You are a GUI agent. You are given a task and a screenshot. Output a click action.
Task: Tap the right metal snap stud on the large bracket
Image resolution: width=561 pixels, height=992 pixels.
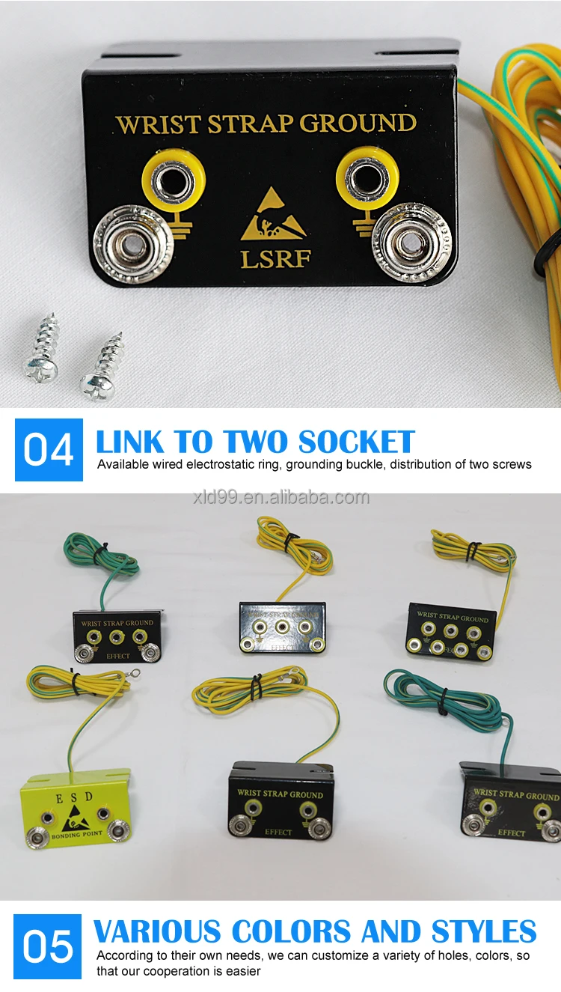click(411, 243)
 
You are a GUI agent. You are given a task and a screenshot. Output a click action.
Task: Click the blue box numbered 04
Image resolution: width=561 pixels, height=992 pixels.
click(49, 450)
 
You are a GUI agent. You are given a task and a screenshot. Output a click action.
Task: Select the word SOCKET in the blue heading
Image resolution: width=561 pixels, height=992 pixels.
click(356, 442)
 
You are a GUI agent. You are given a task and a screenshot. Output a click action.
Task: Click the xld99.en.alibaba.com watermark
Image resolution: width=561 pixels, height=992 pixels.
click(280, 498)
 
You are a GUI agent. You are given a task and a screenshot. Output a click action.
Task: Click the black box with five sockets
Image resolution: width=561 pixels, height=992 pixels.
click(450, 630)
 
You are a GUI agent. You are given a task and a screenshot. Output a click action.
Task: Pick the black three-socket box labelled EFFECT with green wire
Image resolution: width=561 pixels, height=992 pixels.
click(117, 636)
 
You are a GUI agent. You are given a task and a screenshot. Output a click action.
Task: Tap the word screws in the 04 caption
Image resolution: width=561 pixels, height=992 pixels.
click(512, 464)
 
